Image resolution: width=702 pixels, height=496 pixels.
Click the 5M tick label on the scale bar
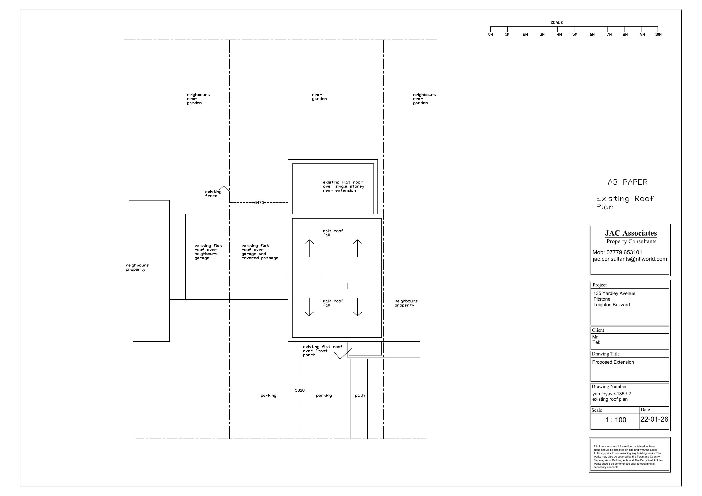click(575, 34)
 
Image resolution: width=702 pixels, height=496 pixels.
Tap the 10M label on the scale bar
click(658, 34)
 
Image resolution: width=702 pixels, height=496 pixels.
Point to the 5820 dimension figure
click(300, 390)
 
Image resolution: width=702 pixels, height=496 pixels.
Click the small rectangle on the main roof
click(343, 286)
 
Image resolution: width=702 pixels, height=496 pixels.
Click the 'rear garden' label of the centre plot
click(319, 97)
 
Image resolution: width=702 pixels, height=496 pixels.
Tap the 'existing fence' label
click(213, 194)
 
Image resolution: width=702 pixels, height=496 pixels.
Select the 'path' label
click(360, 395)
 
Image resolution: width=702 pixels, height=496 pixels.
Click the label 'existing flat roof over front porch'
click(323, 351)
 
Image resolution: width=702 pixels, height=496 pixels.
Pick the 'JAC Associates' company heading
click(631, 233)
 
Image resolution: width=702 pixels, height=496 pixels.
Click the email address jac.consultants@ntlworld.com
click(630, 259)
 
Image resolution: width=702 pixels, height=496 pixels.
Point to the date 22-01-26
click(654, 419)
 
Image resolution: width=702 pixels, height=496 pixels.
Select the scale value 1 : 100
click(615, 420)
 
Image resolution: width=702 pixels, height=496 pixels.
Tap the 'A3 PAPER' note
click(628, 182)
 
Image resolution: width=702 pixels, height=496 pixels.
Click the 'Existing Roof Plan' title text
click(625, 203)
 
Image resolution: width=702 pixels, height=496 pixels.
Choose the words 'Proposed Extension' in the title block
click(613, 362)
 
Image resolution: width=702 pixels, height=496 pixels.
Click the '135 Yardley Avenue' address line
click(614, 293)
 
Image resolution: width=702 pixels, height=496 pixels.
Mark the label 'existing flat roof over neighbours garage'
click(208, 252)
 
